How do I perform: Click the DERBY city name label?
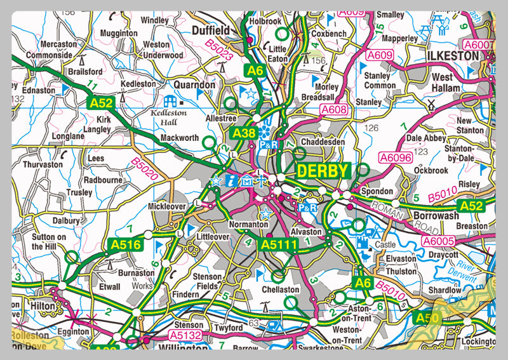coord(323,171)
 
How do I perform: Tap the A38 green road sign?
coord(244,133)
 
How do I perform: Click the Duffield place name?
coord(210,30)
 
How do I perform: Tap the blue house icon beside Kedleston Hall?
coord(170,101)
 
